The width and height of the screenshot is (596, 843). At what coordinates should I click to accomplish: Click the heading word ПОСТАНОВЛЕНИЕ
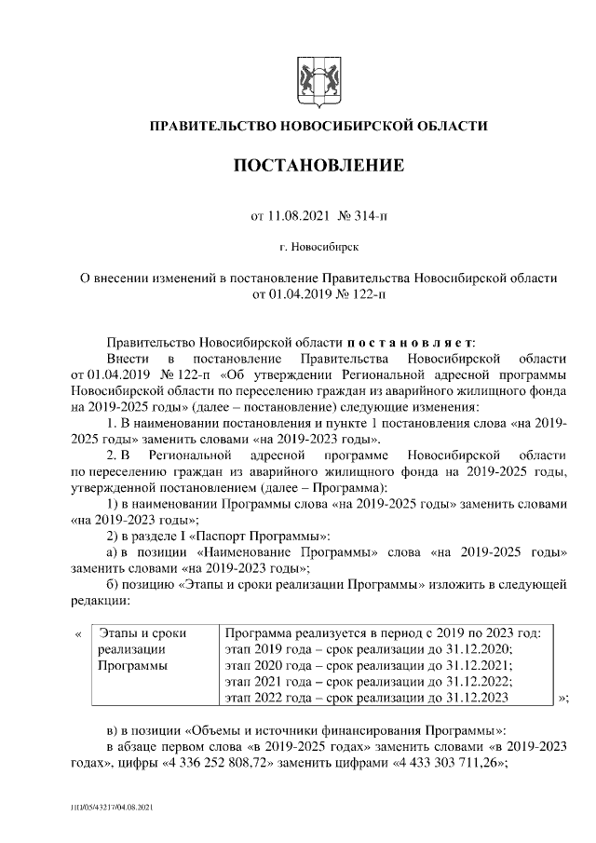click(318, 167)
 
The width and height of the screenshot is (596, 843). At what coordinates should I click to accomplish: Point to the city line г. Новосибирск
click(318, 248)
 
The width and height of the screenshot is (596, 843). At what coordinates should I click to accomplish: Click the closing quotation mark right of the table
click(562, 698)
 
